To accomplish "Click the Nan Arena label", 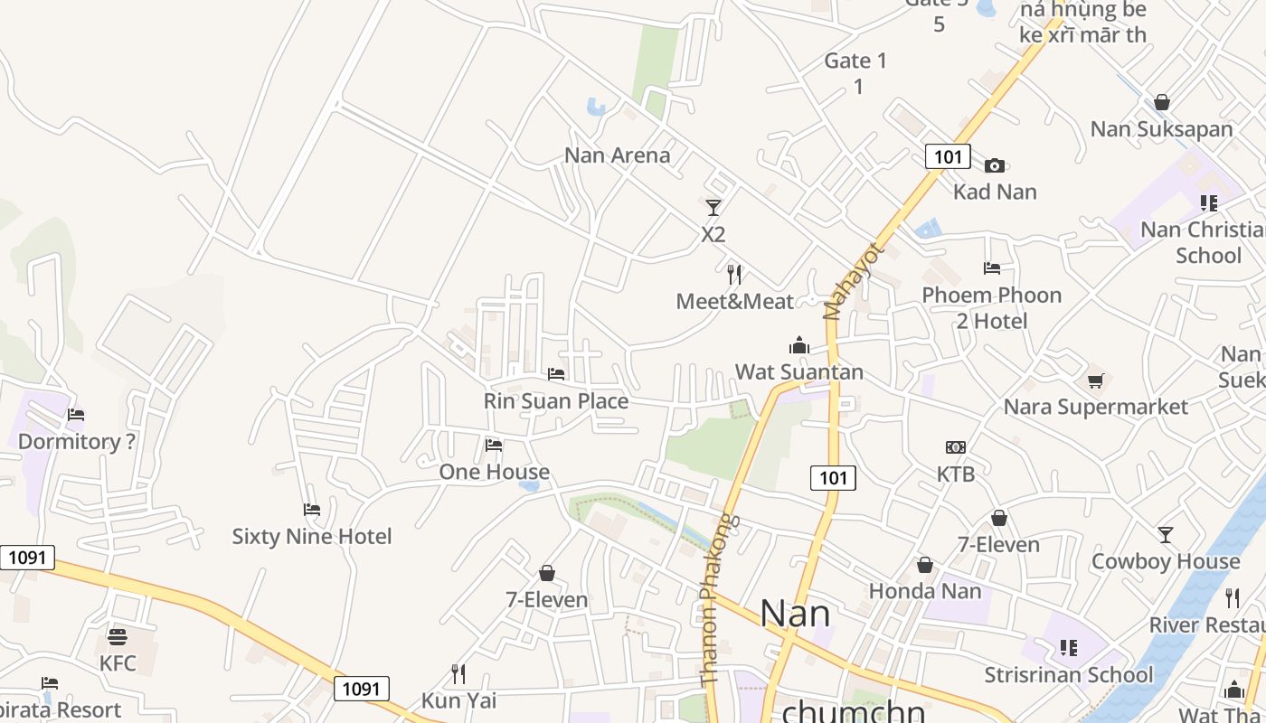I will click(x=617, y=155).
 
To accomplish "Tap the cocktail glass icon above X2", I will click(x=713, y=208).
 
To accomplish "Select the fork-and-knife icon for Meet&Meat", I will click(x=734, y=274).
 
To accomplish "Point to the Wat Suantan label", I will click(x=798, y=372).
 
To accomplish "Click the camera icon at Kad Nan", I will click(x=995, y=165).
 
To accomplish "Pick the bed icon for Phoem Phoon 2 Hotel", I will click(x=992, y=268).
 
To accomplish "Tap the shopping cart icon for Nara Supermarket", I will click(x=1095, y=380).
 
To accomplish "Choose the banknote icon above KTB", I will click(x=956, y=447).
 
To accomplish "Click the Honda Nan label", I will click(x=924, y=591).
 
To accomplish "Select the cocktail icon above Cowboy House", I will click(x=1166, y=535).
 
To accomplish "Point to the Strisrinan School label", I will click(x=1068, y=675).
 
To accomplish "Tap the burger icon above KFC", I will click(x=118, y=637).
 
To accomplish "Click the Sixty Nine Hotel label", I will click(x=312, y=537).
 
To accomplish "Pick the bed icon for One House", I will click(x=494, y=446).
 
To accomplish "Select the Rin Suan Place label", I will click(x=555, y=401).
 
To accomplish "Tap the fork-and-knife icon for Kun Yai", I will click(x=458, y=673).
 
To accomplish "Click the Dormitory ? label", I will click(x=77, y=442).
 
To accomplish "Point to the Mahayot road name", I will click(x=849, y=281).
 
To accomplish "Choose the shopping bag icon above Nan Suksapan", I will click(x=1162, y=102).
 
